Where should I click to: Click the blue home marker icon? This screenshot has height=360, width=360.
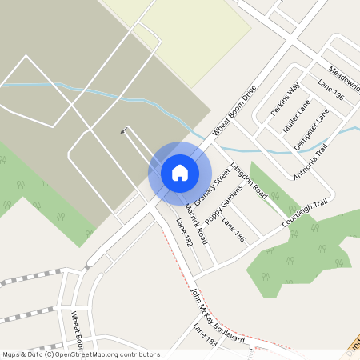tap(180, 173)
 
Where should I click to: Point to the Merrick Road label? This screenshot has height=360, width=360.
tap(195, 222)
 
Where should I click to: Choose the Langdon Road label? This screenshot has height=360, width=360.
tap(248, 180)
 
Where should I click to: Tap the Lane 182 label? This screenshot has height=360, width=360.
tap(184, 232)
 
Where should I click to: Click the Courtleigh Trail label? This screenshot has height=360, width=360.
tap(307, 212)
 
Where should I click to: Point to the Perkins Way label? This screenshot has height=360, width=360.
tap(285, 97)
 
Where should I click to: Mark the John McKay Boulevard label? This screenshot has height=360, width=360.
tap(217, 315)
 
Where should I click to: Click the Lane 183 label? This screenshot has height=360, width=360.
tap(205, 335)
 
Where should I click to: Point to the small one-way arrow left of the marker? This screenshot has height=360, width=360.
tap(123, 131)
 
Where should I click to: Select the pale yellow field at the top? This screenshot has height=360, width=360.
tap(192, 32)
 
